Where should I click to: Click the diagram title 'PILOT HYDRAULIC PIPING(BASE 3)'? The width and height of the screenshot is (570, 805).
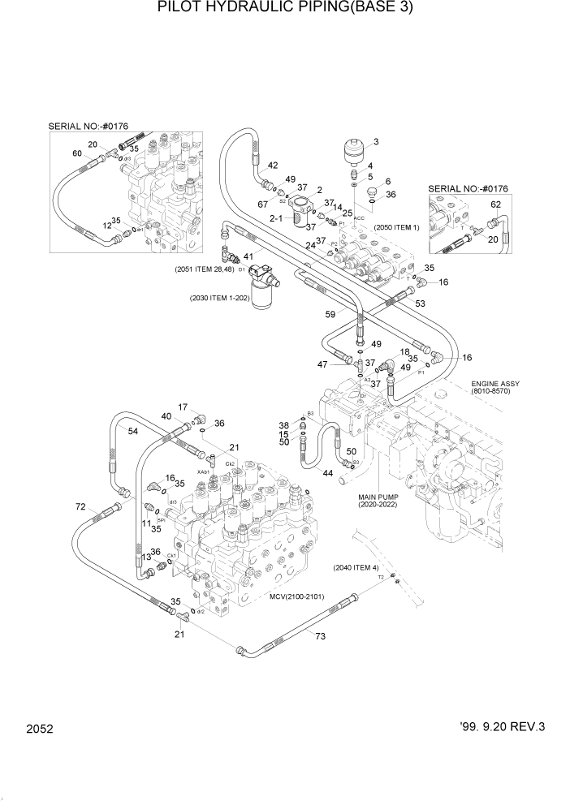click(x=285, y=9)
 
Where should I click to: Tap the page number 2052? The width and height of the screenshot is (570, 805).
click(x=39, y=730)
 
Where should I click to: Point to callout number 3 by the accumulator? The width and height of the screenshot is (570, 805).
click(x=375, y=143)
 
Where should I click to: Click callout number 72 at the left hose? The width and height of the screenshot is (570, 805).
click(x=80, y=507)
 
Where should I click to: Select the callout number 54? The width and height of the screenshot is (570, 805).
click(x=132, y=432)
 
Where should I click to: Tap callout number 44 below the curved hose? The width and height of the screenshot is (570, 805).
click(x=328, y=473)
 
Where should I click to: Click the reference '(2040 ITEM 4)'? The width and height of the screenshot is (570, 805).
click(x=356, y=568)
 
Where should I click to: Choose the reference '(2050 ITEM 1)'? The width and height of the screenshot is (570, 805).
click(x=398, y=228)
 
